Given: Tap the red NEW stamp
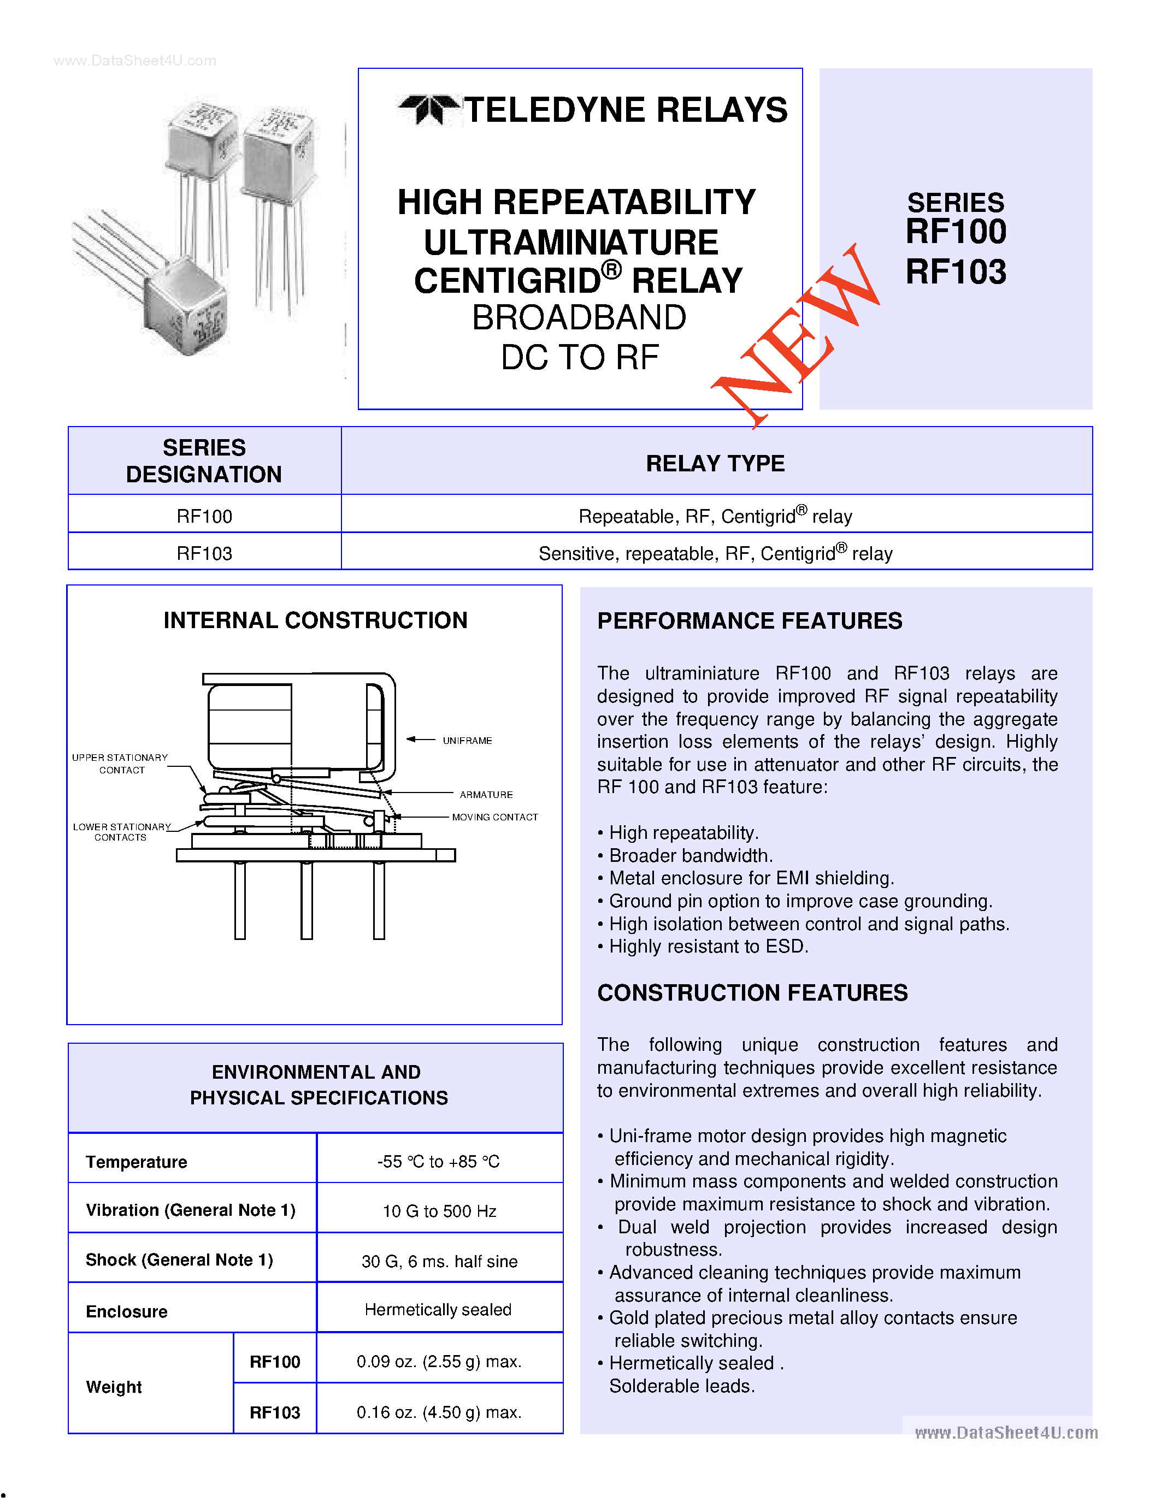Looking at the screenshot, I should coord(797,336).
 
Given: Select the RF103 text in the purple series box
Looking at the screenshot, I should coord(956,271).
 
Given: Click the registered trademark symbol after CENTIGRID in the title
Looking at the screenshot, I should coord(611,270).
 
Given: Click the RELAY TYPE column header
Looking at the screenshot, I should coord(715,464).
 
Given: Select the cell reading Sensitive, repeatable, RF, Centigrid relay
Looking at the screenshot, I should coord(715,554).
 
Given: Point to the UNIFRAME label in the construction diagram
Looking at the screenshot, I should coord(467,741).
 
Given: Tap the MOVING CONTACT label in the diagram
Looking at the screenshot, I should coord(494,817).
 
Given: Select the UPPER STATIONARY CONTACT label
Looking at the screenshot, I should coord(120,764).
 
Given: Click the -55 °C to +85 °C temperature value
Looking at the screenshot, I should coord(439,1162).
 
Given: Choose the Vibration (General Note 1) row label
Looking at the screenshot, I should coord(191,1210).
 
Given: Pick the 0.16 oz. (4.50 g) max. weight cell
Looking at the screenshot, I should coord(439,1412).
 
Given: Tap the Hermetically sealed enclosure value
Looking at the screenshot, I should coord(438,1309).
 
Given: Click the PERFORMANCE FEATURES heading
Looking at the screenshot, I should coord(749,621).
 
